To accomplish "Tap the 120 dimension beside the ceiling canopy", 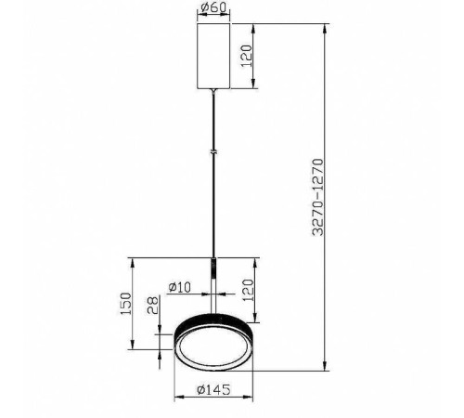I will tap(247, 57).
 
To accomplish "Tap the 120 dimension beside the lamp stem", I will tap(247, 289).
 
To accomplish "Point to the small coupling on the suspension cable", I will tap(214, 150).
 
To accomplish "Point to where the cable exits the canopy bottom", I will tap(214, 90).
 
